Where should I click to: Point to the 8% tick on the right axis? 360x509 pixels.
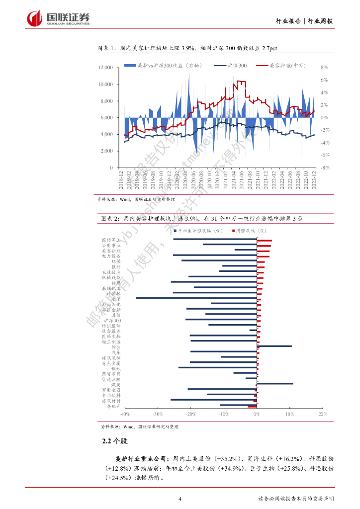tap(324, 68)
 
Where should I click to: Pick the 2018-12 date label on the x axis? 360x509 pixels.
tap(121, 179)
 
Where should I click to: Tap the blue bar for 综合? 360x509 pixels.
tap(274, 346)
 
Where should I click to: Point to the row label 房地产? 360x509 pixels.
tap(113, 406)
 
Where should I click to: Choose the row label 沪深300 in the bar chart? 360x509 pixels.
tap(112, 321)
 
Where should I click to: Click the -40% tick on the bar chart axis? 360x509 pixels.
tap(124, 414)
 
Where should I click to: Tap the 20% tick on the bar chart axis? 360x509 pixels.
tap(322, 414)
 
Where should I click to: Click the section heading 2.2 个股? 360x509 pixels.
tap(115, 441)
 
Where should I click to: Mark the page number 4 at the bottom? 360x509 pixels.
tap(180, 499)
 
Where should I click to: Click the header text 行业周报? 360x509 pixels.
tap(320, 21)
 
